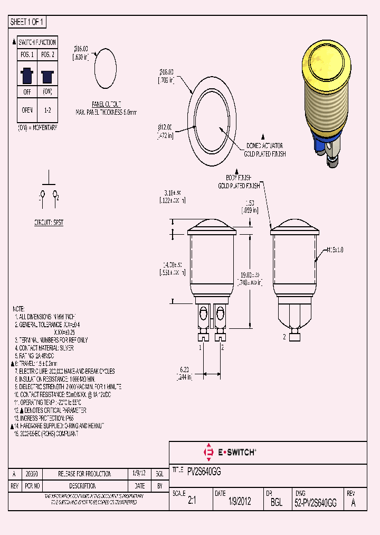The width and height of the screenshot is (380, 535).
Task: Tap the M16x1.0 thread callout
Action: tap(335, 250)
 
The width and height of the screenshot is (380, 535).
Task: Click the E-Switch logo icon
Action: tap(208, 452)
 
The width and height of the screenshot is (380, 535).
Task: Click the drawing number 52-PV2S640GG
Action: tap(315, 503)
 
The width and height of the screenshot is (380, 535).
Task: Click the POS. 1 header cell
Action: tap(27, 54)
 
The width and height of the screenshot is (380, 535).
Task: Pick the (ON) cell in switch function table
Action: tap(47, 91)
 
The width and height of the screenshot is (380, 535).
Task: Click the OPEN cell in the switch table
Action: tap(27, 110)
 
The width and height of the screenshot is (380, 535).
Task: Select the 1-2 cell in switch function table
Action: tap(47, 110)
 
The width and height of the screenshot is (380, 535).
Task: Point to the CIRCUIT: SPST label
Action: tap(49, 223)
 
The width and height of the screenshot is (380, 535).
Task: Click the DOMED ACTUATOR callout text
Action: tap(264, 145)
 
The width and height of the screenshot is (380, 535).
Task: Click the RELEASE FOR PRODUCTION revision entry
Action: tap(77, 474)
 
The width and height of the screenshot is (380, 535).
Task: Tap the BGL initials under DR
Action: tap(276, 503)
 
